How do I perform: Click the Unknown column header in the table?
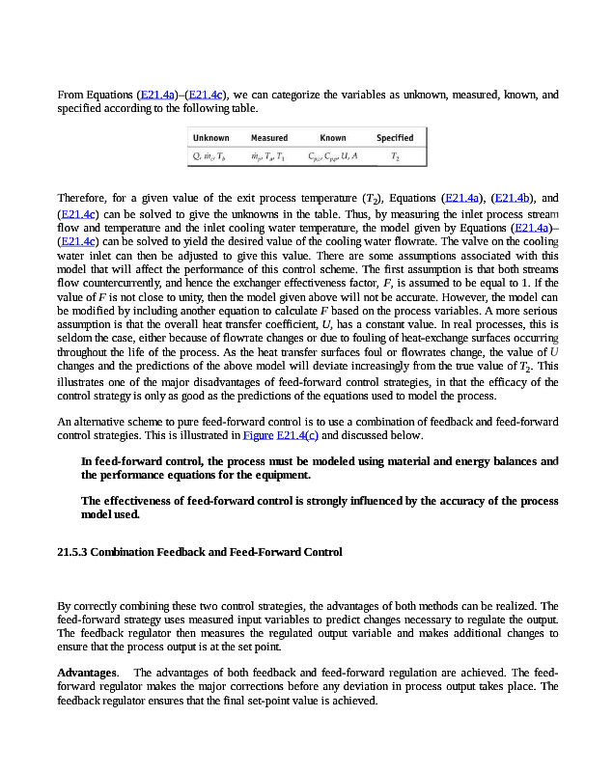coord(210,138)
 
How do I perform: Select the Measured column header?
coord(269,138)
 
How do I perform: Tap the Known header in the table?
coord(333,138)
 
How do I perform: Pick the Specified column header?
coord(395,138)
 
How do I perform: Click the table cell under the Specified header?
coord(395,155)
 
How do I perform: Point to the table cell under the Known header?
coord(333,155)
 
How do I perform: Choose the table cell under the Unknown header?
coord(210,155)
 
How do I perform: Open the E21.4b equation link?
coord(513,199)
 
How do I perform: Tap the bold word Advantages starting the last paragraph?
coord(87,672)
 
